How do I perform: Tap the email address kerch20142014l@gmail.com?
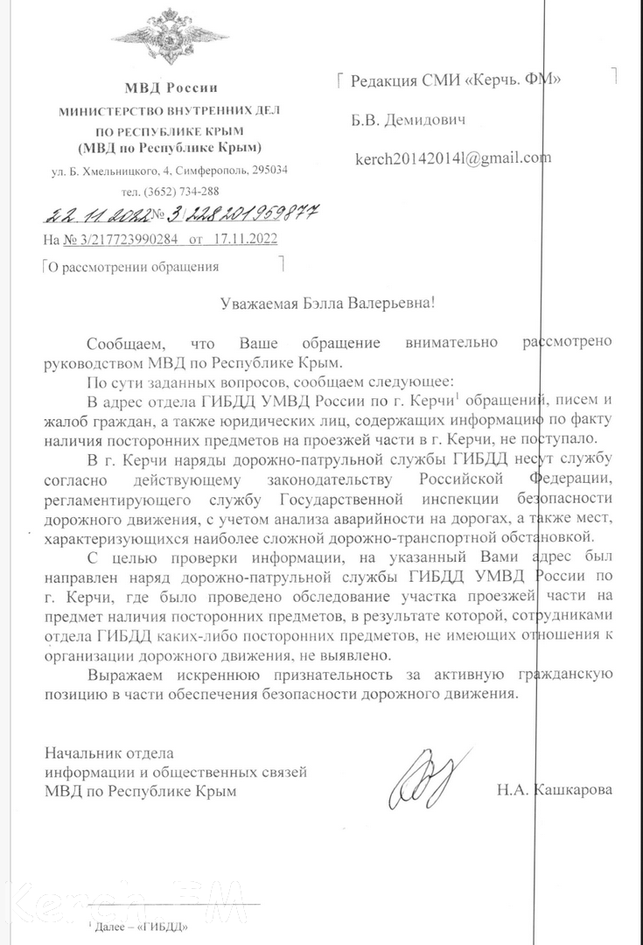(452, 158)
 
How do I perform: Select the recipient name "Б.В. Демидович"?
(408, 119)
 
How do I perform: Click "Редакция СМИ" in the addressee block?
(401, 82)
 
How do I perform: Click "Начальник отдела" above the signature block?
(109, 752)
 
